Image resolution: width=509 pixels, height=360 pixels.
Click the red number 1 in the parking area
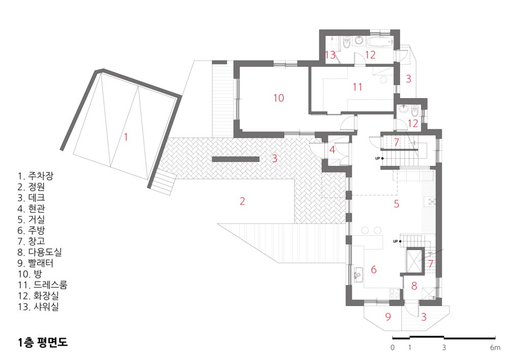tap(126, 136)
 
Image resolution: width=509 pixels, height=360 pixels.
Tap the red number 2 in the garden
tap(242, 201)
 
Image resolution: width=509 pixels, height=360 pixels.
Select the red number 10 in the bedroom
tap(278, 98)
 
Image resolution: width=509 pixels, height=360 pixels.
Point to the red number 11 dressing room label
tap(357, 87)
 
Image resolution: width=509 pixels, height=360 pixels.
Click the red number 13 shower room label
tap(330, 54)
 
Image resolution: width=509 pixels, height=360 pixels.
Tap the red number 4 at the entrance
tap(332, 150)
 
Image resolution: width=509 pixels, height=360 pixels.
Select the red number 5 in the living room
tap(397, 204)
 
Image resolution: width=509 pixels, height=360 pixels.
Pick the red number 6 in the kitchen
tap(374, 269)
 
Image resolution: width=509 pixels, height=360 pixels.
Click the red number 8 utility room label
tap(414, 286)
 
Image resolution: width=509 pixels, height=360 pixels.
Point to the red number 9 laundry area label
tap(388, 317)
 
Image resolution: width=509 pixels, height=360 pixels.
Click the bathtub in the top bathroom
tap(380, 42)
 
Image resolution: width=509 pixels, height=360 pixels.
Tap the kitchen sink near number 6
tap(358, 274)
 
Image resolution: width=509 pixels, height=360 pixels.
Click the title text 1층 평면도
tap(43, 342)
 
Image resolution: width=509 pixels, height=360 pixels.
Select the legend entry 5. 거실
tap(31, 219)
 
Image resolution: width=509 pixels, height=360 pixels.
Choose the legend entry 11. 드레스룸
tap(42, 285)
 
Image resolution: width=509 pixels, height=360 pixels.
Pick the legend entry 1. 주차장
tap(36, 176)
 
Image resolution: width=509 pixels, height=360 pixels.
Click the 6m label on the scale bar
tap(495, 348)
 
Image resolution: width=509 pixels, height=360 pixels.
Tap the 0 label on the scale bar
tap(392, 348)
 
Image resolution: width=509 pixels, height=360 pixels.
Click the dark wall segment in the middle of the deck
tap(236, 159)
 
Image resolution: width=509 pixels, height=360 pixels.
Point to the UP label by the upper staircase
tap(378, 158)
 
